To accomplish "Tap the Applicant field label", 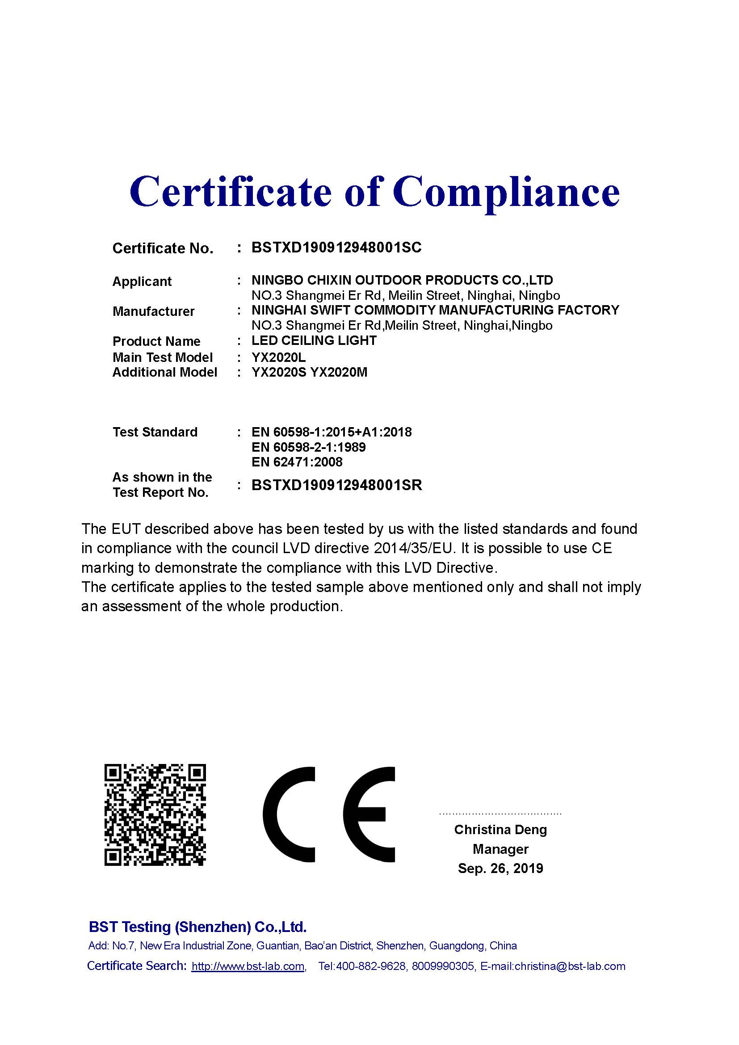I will coord(142,281).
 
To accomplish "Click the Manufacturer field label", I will coord(153,311).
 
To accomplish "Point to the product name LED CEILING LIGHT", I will coord(314,340).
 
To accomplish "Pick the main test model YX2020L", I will coord(278,357).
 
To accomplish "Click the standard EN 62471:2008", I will coord(297,462).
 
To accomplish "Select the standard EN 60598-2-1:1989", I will coord(309,447).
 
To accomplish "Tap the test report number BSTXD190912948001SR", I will coord(337,485).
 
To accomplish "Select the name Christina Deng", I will coord(500,830).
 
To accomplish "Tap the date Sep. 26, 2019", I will coord(500,869).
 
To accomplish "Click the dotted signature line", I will coord(500,813).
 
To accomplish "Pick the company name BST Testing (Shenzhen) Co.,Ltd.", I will coord(197,927).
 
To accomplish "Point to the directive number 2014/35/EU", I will coord(415,549).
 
